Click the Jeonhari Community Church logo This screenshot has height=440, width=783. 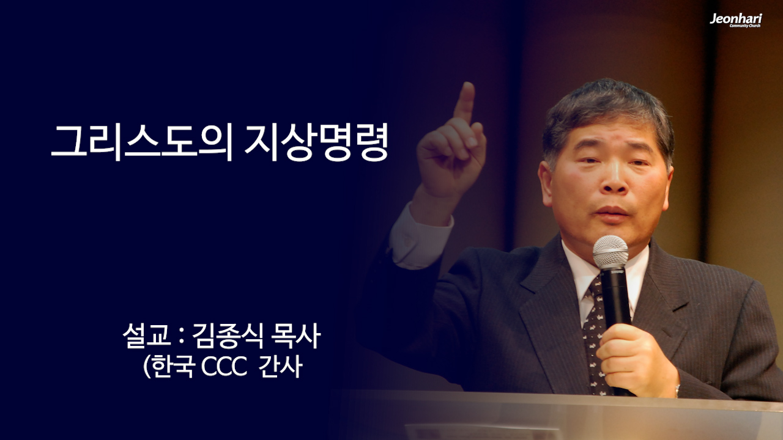tap(735, 20)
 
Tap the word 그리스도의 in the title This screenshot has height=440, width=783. tap(141, 143)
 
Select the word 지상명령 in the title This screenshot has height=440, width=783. tap(316, 143)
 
